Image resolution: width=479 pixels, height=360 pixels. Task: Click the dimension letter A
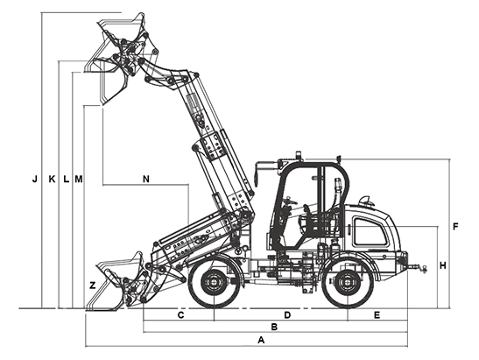261,340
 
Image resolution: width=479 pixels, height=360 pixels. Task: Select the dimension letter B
274,327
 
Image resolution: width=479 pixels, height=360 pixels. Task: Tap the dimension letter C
181,314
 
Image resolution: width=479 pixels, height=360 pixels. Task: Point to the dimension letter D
287,314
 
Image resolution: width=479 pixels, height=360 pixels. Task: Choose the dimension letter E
377,314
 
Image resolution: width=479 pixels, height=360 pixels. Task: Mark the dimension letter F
455,227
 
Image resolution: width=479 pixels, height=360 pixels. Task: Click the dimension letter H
442,265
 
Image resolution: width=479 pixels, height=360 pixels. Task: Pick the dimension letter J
35,179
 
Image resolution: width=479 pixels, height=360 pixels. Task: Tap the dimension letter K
53,179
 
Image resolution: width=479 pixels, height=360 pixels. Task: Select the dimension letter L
66,179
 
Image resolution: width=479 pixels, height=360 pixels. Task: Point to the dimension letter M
79,179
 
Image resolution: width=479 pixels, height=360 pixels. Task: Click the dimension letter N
146,179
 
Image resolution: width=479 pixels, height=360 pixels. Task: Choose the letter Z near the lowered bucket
92,286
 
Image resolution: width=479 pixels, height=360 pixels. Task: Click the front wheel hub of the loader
214,283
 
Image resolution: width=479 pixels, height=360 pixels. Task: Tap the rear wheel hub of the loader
348,283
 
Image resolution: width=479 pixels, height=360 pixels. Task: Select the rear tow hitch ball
424,268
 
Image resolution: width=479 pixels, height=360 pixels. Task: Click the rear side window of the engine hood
370,231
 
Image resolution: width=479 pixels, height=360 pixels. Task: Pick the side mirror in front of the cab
257,177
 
